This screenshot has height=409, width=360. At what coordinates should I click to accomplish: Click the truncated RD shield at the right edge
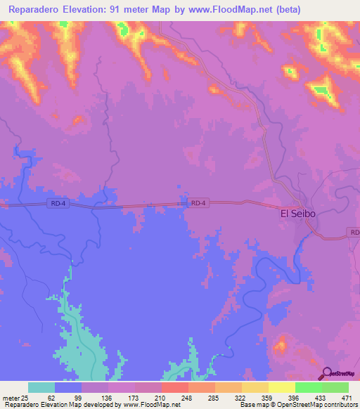(354, 232)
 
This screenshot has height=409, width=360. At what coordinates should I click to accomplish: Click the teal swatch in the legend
(41, 387)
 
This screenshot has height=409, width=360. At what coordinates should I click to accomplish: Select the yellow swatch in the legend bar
(282, 387)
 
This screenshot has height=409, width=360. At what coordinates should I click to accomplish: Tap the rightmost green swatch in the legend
(335, 387)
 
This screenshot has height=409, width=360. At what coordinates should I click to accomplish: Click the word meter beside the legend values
(11, 398)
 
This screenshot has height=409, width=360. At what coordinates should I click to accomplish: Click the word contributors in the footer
(340, 405)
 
